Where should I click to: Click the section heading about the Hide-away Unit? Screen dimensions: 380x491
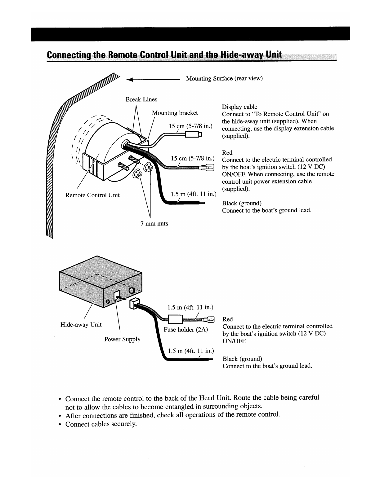pyautogui.click(x=164, y=55)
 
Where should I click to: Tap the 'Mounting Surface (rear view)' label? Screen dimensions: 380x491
pyautogui.click(x=224, y=78)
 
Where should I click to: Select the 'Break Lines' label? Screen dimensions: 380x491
pyautogui.click(x=141, y=99)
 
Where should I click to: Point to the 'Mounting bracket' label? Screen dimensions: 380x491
pyautogui.click(x=175, y=113)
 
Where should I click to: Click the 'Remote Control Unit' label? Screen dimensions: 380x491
pyautogui.click(x=92, y=195)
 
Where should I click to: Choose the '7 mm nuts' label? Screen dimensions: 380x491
pyautogui.click(x=154, y=223)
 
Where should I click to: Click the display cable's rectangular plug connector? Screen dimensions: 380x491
pyautogui.click(x=193, y=134)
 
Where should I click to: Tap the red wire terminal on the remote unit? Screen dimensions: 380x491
pyautogui.click(x=207, y=168)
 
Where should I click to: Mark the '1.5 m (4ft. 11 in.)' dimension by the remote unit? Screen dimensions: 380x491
pyautogui.click(x=193, y=194)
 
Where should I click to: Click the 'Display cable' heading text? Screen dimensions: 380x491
pyautogui.click(x=239, y=107)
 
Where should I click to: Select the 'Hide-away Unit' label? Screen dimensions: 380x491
pyautogui.click(x=81, y=324)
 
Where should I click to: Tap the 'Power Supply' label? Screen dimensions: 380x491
pyautogui.click(x=122, y=339)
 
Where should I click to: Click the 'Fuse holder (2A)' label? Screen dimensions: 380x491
pyautogui.click(x=186, y=329)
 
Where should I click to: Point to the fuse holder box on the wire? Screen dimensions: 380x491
pyautogui.click(x=176, y=319)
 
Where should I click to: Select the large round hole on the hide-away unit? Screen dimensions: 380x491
pyautogui.click(x=132, y=291)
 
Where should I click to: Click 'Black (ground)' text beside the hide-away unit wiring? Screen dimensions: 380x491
pyautogui.click(x=242, y=359)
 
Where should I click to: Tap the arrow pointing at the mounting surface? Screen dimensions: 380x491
pyautogui.click(x=153, y=79)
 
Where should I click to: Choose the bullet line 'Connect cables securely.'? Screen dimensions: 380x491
pyautogui.click(x=101, y=424)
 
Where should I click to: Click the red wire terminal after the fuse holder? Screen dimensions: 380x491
pyautogui.click(x=208, y=319)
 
